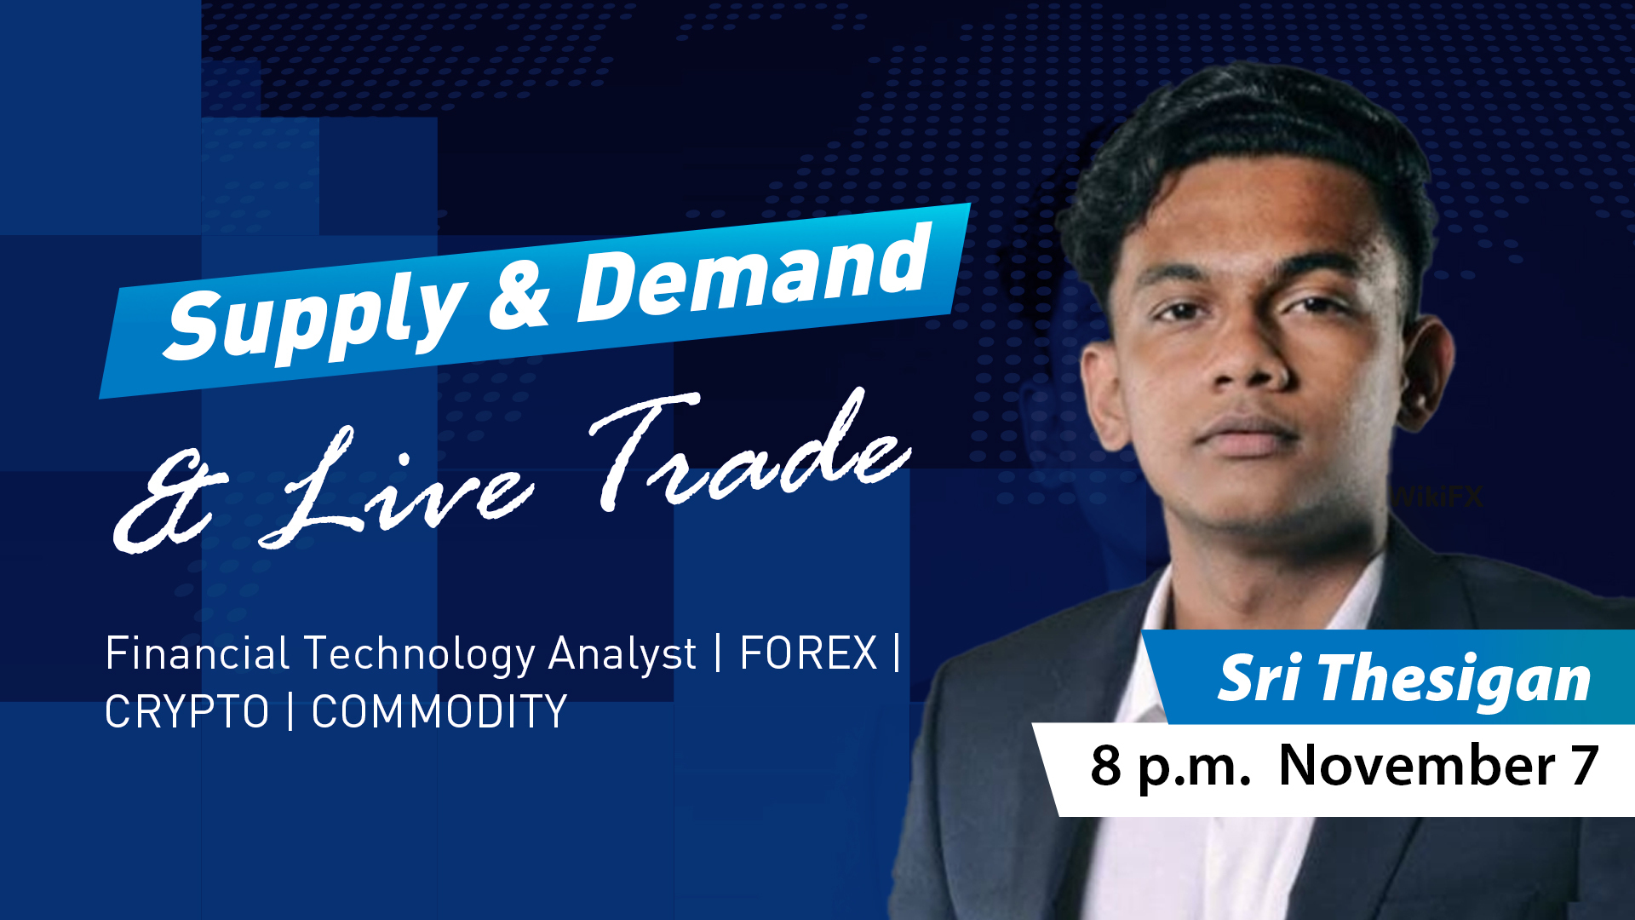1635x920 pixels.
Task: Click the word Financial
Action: click(197, 654)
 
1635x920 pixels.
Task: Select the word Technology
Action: click(419, 654)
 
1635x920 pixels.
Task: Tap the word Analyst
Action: click(622, 654)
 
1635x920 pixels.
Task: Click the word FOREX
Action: click(808, 654)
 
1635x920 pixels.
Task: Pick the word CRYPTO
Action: click(186, 712)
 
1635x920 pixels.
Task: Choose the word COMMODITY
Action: click(439, 712)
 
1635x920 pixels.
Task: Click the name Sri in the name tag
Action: click(1258, 679)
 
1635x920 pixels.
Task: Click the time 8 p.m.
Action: click(1170, 766)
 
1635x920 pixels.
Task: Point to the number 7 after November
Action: click(1585, 766)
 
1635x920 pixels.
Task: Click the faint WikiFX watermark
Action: click(1439, 497)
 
